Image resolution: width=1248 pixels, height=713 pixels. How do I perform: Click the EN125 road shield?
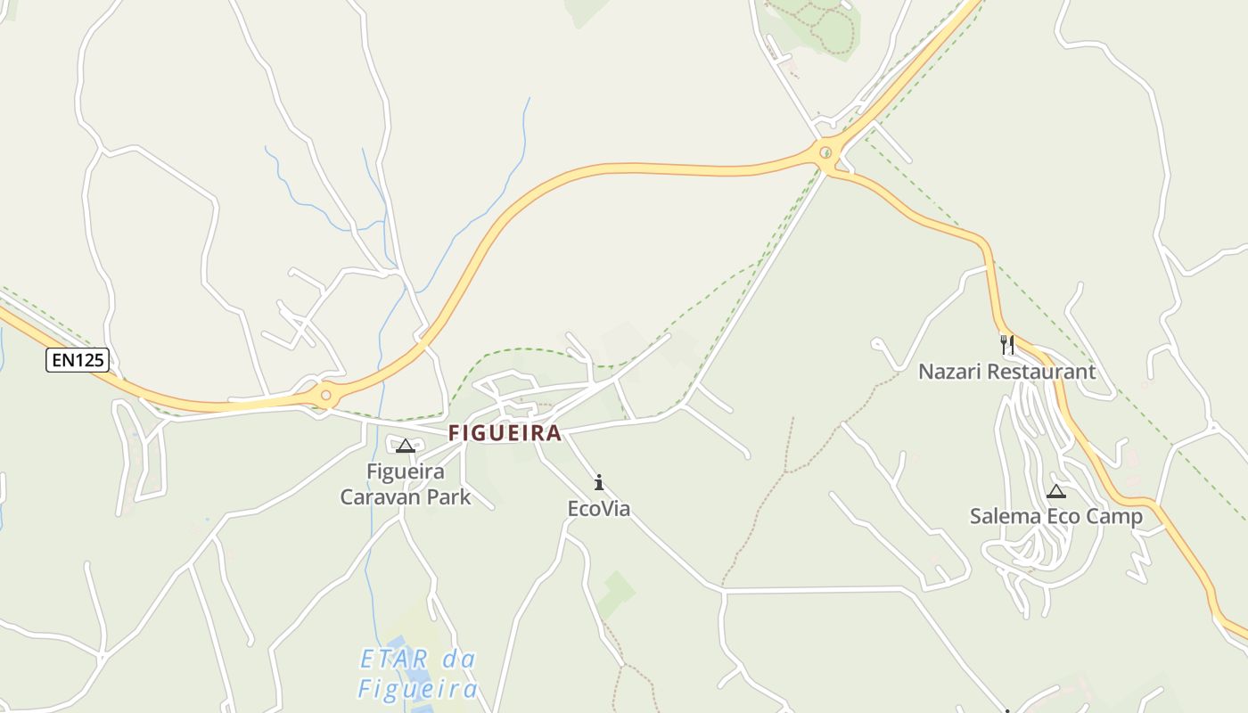[78, 360]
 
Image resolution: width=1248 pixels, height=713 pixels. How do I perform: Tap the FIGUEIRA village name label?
[505, 433]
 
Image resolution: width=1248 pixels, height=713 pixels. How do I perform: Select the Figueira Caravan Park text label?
[406, 484]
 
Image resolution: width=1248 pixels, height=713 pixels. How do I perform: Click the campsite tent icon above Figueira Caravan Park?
[406, 446]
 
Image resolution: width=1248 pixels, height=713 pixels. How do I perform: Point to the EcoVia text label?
[599, 509]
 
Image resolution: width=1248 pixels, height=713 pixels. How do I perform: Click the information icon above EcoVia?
[599, 483]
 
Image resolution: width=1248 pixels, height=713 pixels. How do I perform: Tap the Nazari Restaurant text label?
[1006, 372]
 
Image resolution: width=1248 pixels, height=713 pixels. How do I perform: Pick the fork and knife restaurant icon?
[1007, 344]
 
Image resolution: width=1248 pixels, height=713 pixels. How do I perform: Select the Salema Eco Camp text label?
[1055, 516]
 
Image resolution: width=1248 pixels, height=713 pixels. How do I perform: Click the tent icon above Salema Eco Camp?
[1056, 490]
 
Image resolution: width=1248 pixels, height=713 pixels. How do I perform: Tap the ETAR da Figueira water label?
[418, 674]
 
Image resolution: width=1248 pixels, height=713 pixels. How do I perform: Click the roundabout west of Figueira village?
[326, 394]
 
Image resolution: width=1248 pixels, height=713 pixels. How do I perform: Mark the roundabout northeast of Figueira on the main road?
[826, 152]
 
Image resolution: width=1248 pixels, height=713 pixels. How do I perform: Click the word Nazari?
[947, 372]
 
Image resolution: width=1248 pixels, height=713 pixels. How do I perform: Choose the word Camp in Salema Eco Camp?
[1113, 516]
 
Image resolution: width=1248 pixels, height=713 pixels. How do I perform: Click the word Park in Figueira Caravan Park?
[448, 497]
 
